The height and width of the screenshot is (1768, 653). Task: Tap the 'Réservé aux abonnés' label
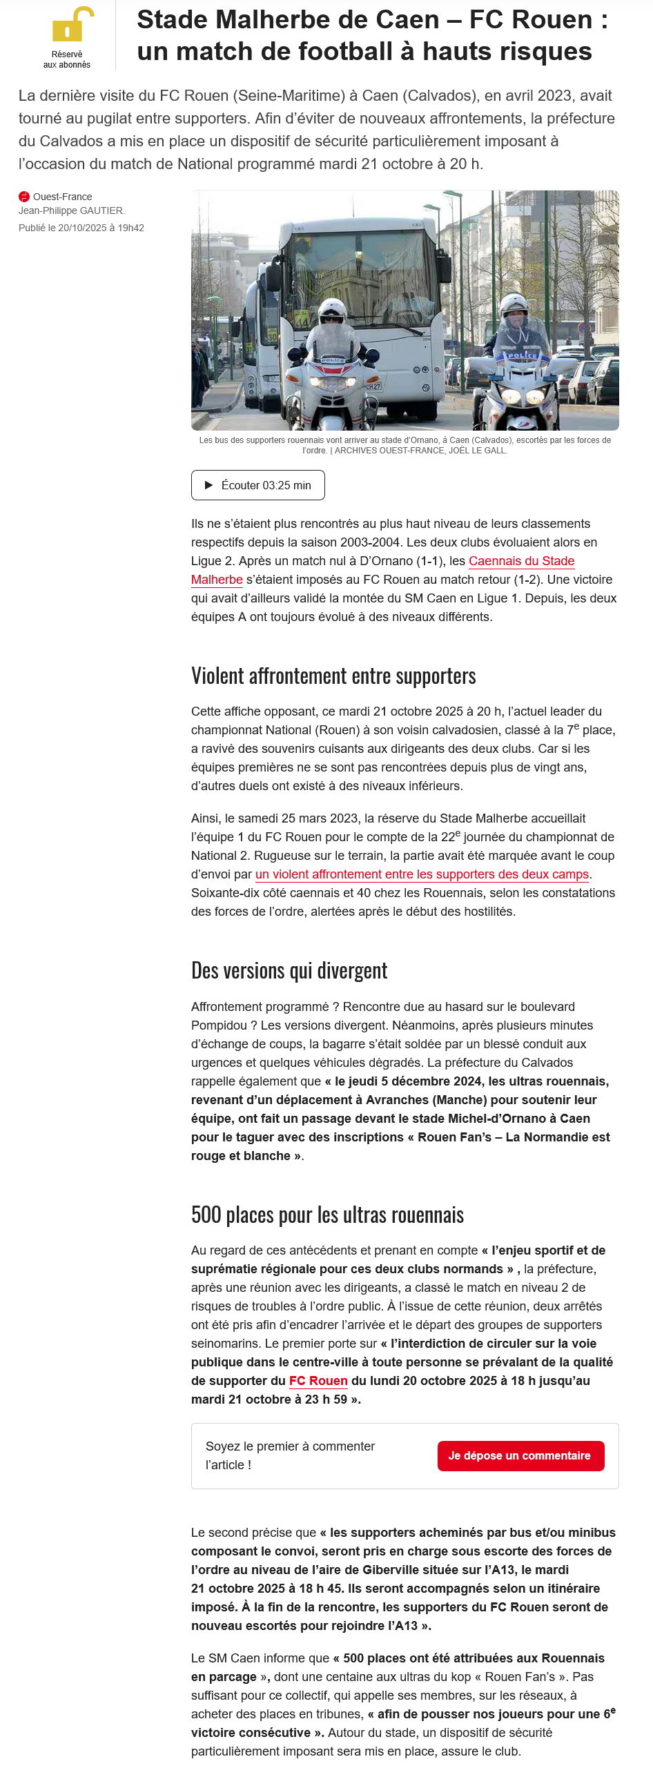point(67,59)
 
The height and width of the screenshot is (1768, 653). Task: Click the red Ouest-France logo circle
point(24,197)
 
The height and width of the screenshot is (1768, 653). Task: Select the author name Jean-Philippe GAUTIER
point(71,210)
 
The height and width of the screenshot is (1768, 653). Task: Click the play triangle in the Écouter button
point(209,485)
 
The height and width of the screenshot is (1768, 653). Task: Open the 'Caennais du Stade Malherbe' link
point(521,561)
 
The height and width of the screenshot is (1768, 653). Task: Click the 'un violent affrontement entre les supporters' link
point(422,874)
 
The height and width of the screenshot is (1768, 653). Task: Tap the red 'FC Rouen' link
point(318,1380)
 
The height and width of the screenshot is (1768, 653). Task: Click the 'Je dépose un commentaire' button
point(520,1455)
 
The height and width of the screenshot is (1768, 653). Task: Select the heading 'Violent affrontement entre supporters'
point(333,676)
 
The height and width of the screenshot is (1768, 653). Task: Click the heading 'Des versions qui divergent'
point(289,971)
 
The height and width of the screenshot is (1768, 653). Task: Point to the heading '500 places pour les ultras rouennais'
point(327,1215)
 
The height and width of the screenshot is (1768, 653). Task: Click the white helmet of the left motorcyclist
point(333,307)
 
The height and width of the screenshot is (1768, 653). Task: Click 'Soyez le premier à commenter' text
point(290,1446)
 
